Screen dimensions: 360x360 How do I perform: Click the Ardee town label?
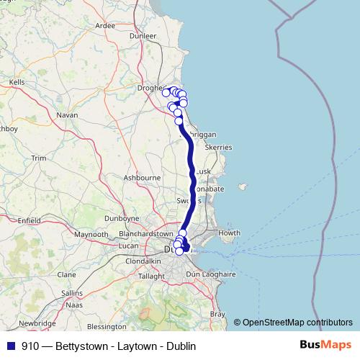[105, 25]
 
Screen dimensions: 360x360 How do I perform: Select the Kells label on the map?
[17, 82]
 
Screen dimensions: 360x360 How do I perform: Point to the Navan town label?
[67, 114]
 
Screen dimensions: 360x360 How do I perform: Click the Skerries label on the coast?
[219, 147]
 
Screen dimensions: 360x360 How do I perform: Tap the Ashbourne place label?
[142, 177]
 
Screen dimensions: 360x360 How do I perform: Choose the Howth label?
[229, 233]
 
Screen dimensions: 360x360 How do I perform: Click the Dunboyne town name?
[121, 217]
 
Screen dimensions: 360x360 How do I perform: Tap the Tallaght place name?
[151, 276]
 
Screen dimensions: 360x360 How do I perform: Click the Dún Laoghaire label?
[211, 274]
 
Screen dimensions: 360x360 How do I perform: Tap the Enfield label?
[30, 220]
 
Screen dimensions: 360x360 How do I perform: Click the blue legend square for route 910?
[9, 346]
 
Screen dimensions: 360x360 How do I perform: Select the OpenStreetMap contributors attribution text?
[297, 322]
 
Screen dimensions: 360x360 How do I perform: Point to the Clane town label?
[66, 274]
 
